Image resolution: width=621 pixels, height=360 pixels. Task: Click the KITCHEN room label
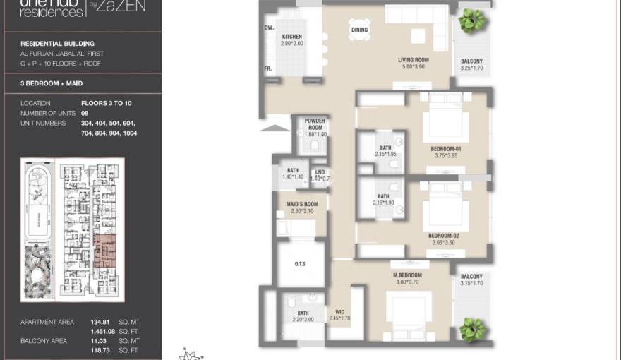[x=292, y=37]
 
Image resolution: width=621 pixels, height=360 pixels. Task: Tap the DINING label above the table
[x=359, y=30]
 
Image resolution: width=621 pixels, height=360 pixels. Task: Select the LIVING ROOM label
[x=414, y=60]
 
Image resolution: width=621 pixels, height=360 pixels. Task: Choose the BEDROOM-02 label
[x=443, y=236]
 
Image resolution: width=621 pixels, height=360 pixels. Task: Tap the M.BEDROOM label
[x=407, y=275]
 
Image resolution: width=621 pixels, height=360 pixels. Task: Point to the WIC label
[x=339, y=312]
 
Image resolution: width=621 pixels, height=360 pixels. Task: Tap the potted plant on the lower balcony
[x=471, y=328]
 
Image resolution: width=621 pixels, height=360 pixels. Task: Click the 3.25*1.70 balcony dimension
[x=471, y=69]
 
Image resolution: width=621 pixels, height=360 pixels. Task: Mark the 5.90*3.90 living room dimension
[x=414, y=67]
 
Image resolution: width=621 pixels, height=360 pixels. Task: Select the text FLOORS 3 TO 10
[x=106, y=103]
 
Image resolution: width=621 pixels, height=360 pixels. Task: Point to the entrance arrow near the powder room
[x=279, y=127]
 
